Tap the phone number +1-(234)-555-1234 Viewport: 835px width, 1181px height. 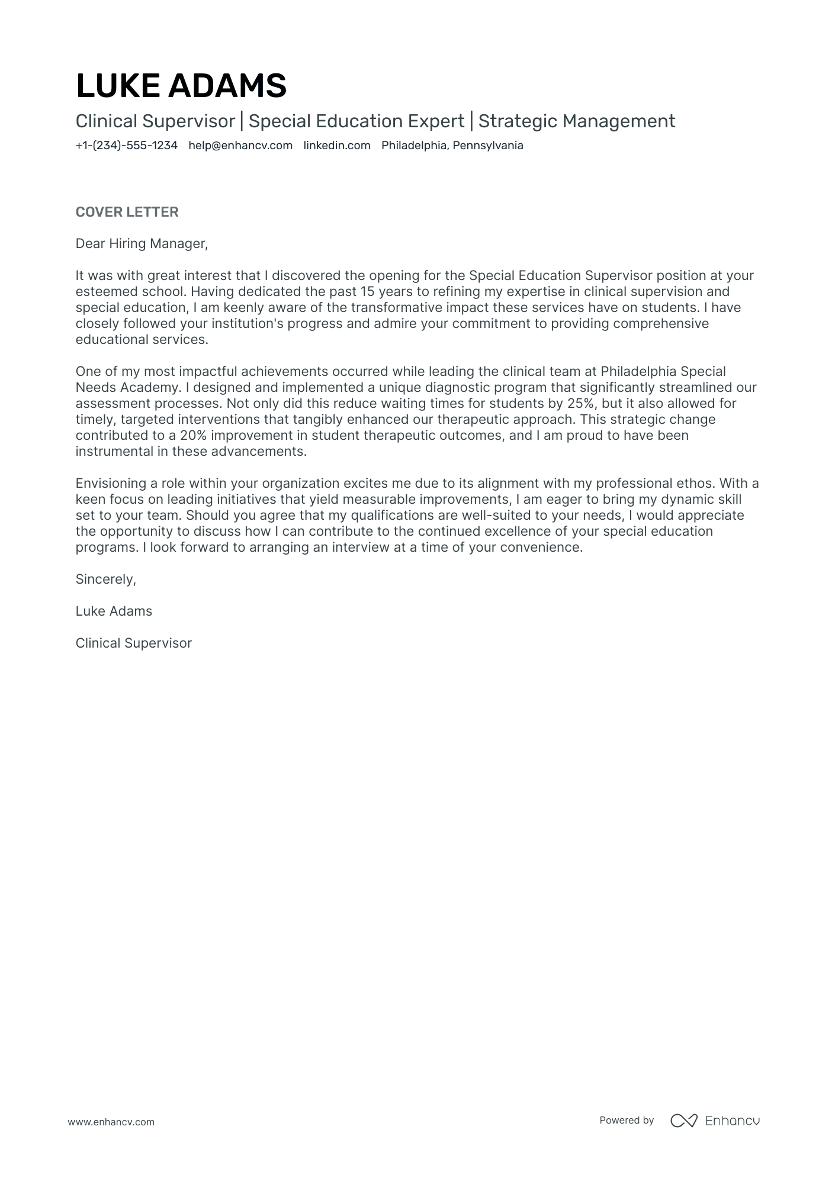pos(126,146)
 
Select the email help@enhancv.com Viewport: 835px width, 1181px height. pos(240,146)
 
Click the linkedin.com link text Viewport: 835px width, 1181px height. pos(337,146)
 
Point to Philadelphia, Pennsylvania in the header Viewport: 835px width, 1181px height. pos(452,146)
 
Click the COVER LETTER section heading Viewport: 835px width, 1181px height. pos(127,212)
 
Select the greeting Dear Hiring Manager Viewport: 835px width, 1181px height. pos(142,243)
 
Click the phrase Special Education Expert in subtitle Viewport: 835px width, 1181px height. pos(356,121)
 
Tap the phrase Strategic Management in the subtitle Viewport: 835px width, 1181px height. pos(576,121)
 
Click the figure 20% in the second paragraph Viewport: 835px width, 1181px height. pos(193,436)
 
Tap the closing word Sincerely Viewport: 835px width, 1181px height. pos(105,580)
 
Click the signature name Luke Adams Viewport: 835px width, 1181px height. pos(114,612)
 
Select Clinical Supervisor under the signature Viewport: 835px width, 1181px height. pos(133,643)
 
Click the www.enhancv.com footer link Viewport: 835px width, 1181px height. pos(111,1122)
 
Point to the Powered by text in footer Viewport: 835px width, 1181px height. pos(626,1120)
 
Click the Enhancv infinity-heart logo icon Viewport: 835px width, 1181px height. pos(683,1121)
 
